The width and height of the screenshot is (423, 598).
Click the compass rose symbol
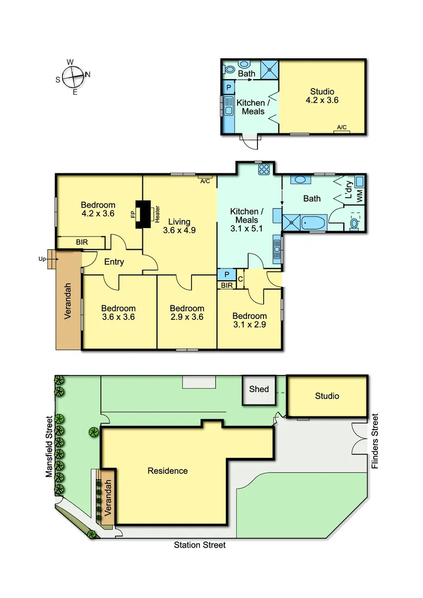pos(73,76)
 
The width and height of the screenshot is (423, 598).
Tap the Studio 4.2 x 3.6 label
pos(322,96)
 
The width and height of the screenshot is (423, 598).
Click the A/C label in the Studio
pos(342,128)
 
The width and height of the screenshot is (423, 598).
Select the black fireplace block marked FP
pos(146,214)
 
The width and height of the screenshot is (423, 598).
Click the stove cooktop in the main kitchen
pos(263,170)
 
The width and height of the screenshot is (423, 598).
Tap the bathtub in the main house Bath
pos(314,223)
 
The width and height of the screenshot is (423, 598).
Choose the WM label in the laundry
pos(359,195)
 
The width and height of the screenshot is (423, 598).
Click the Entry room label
pos(114,262)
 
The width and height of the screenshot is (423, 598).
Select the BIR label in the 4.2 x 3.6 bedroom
pos(81,242)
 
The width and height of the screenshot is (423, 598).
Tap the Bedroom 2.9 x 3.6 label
pos(187,313)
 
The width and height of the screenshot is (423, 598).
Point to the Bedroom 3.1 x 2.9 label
pos(249,321)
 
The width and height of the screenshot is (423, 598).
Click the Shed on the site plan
pos(259,389)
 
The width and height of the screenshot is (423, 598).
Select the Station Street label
pos(200,545)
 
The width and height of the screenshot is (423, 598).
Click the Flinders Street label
pos(375,441)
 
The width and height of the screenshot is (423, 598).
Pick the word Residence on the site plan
pos(167,471)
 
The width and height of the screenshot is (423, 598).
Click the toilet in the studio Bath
pos(230,70)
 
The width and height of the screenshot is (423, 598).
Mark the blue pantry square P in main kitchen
pos(226,274)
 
